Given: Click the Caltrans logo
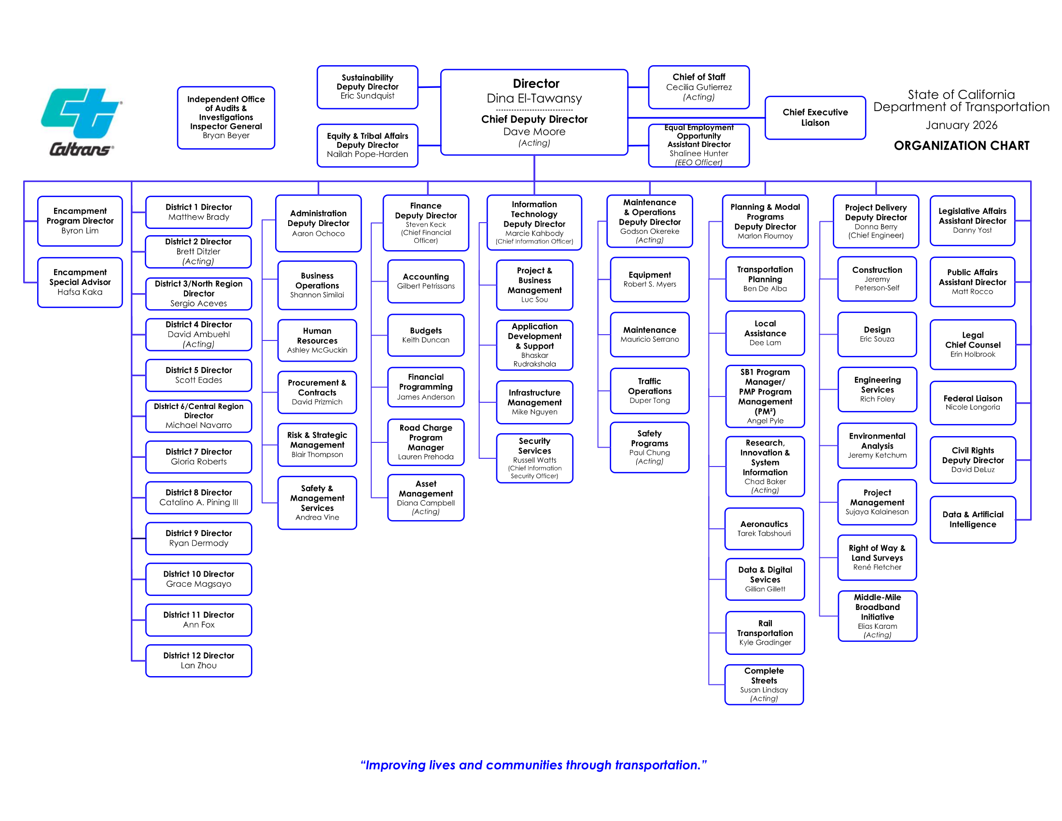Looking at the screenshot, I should [x=81, y=122].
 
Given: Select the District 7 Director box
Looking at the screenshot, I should [x=198, y=457].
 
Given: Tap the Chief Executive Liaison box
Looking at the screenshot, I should [x=815, y=118].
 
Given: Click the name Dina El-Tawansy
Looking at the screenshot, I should [x=534, y=98].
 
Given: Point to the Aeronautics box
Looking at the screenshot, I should [x=764, y=528].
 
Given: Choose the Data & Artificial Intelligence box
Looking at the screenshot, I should [x=973, y=520].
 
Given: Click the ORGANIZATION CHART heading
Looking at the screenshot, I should [x=961, y=145].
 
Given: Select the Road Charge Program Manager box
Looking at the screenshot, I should [x=425, y=442].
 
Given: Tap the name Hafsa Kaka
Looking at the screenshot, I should [x=80, y=292].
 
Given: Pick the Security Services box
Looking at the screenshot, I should [x=534, y=458].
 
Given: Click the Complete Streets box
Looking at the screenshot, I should [x=764, y=684].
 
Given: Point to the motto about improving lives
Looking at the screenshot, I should [x=533, y=765].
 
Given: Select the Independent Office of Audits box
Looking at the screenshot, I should [x=226, y=117].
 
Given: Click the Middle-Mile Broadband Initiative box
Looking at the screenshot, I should [x=877, y=616].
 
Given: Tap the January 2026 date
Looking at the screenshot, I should [x=961, y=125].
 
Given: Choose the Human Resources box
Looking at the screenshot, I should [x=317, y=340].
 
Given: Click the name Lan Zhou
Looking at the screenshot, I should [x=198, y=665].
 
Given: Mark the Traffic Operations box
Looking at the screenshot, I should [x=650, y=391].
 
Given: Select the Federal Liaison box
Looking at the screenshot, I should [x=973, y=403].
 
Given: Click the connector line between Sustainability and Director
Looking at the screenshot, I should [x=429, y=87].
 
